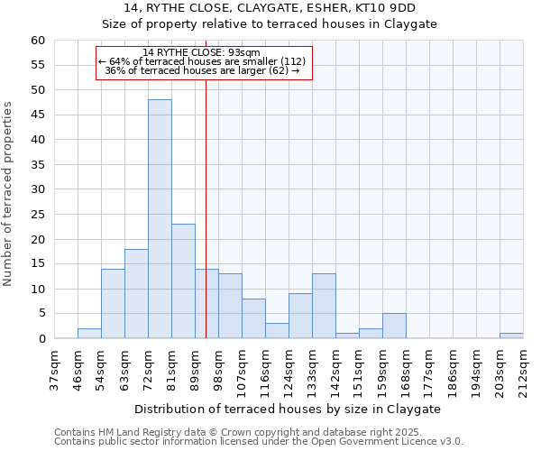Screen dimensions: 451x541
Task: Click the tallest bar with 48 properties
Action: coord(160,219)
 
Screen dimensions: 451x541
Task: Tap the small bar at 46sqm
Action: coord(89,334)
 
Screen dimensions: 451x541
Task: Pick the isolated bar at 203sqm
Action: coord(511,336)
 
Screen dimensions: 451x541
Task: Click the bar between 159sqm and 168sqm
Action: coord(394,326)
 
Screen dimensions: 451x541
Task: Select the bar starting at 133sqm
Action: coord(324,306)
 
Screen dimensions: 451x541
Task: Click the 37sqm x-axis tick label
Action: coord(54,371)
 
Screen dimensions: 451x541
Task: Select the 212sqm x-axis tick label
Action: coord(523,371)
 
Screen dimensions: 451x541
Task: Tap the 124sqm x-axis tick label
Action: coord(289,371)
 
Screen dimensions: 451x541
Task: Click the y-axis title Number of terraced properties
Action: coord(8,194)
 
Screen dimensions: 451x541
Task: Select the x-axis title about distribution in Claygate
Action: coord(289,409)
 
